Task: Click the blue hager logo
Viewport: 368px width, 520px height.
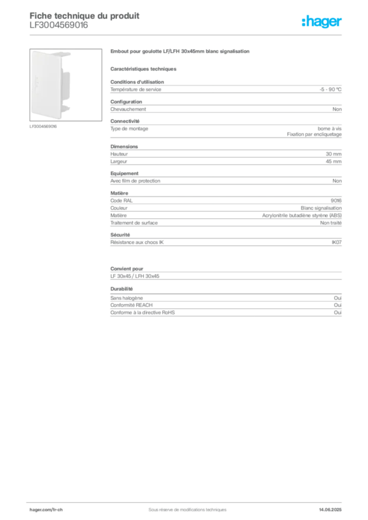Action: pos(322,22)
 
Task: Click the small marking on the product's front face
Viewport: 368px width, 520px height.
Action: pos(38,81)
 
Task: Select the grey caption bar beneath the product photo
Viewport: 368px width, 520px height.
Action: pos(44,126)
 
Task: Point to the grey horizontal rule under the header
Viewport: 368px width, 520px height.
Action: pos(187,35)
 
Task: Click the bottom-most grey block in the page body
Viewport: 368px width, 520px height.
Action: pos(225,308)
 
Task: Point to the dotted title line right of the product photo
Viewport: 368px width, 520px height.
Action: pos(180,52)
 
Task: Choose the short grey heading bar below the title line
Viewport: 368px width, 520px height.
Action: pos(144,69)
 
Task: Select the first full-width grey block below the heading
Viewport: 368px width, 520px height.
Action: pos(225,90)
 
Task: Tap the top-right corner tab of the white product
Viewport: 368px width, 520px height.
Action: pos(68,53)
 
